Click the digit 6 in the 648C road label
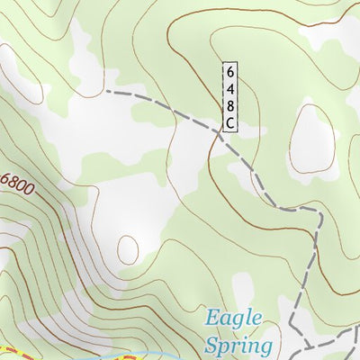230,72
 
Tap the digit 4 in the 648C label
230,88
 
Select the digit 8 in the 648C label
230,105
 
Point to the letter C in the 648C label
230,122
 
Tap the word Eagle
233,319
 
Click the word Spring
237,345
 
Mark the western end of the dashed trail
106,91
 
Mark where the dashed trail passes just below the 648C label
221,136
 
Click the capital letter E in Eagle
212,319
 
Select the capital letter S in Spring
212,344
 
